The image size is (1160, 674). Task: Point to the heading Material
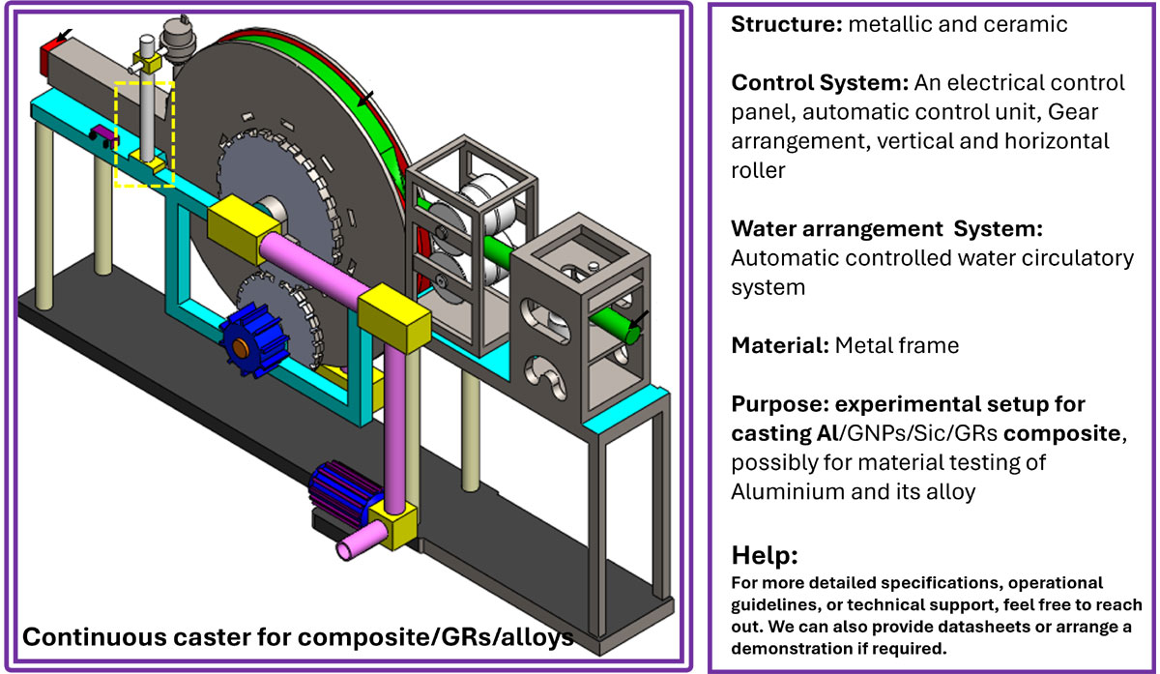coord(777,345)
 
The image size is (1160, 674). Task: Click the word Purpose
coord(775,403)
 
